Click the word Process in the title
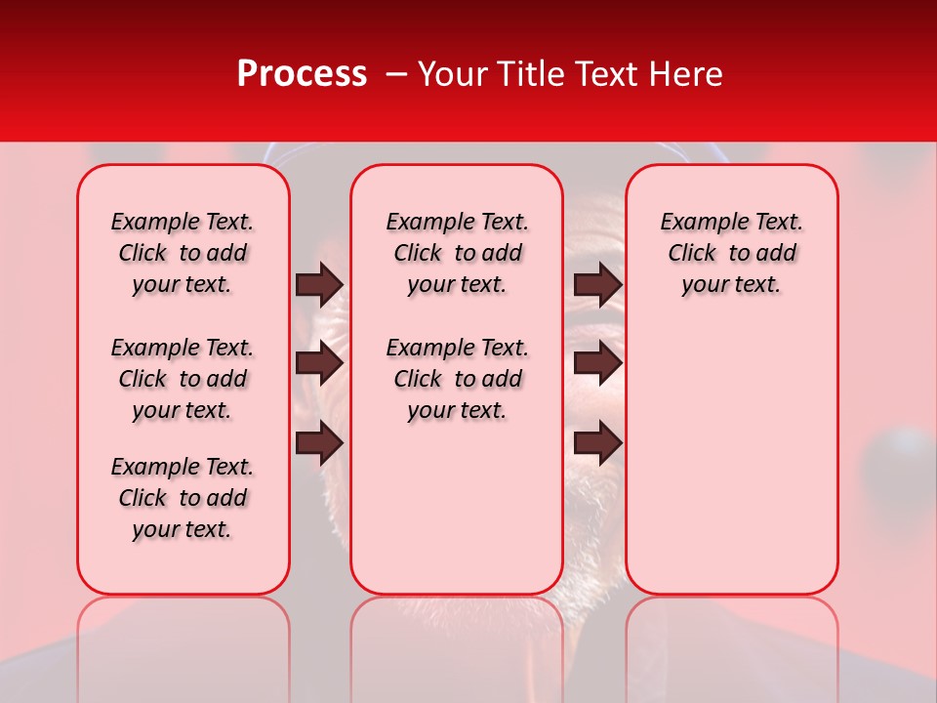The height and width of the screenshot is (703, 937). click(302, 74)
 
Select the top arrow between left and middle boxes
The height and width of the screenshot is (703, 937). click(319, 284)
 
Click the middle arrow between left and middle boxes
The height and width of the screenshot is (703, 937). click(319, 364)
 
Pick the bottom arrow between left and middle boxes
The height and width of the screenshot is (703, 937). click(319, 443)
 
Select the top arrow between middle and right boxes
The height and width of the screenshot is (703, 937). click(598, 284)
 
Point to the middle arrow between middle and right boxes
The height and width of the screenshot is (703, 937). click(598, 364)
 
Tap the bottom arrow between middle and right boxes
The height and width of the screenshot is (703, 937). click(598, 443)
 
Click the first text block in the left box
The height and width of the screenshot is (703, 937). click(183, 253)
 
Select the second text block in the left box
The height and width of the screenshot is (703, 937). click(183, 379)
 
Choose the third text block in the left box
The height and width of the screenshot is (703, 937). click(183, 498)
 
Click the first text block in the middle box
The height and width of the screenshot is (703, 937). click(457, 253)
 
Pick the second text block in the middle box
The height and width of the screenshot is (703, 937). click(457, 379)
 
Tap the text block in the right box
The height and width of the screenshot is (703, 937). click(731, 253)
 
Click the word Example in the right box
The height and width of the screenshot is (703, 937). click(698, 223)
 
